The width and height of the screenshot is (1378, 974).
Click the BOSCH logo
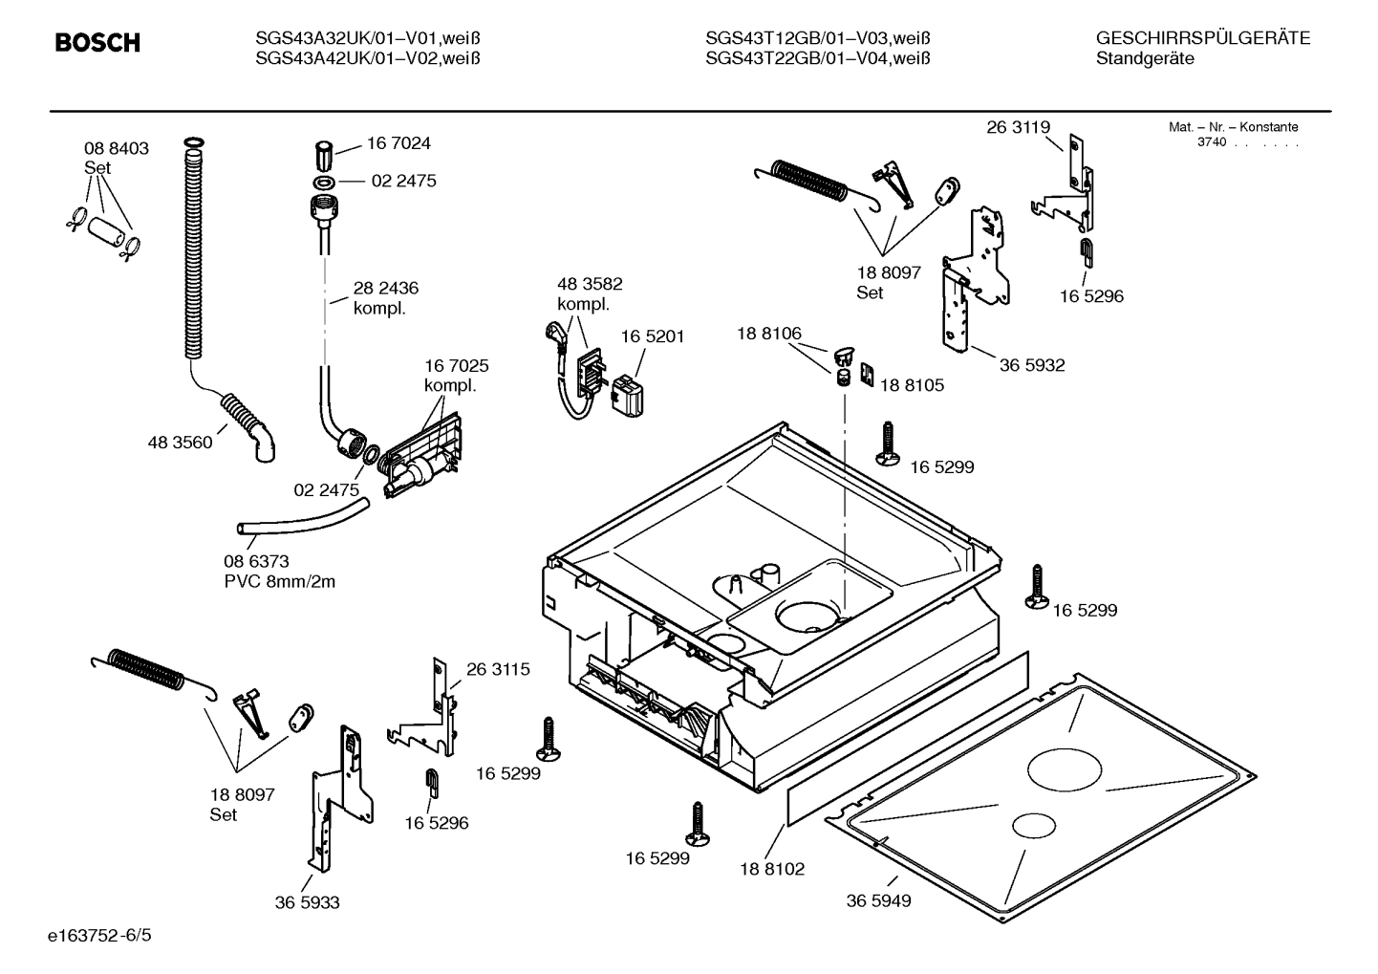pos(97,43)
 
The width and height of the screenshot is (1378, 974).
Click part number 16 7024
pos(398,143)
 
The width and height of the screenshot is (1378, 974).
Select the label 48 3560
pos(180,443)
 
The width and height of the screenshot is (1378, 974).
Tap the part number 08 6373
pos(256,561)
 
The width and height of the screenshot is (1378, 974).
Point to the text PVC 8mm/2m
pos(279,581)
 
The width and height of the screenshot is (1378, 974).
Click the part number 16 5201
pos(653,336)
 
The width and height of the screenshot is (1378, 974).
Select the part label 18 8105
pos(912,385)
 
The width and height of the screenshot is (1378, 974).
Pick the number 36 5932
pos(1032,365)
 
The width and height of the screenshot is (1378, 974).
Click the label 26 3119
pos(1019,127)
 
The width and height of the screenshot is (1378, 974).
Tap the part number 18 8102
pos(772,869)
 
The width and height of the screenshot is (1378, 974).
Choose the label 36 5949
pos(878,900)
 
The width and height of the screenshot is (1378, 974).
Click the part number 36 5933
pos(307,902)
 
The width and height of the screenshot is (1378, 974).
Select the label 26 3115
pos(498,669)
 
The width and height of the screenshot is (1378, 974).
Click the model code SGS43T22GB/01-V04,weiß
pos(818,59)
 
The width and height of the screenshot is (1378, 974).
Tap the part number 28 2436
pos(386,288)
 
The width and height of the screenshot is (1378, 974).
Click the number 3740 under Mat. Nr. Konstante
pos(1212,141)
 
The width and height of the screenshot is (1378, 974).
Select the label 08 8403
pos(117,148)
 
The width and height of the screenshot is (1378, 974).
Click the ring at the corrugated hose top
pos(192,143)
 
